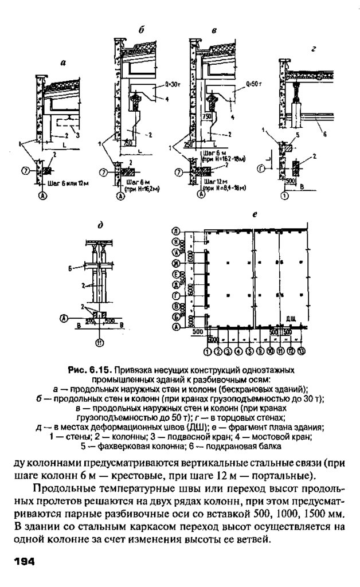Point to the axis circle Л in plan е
[x=175, y=231]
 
